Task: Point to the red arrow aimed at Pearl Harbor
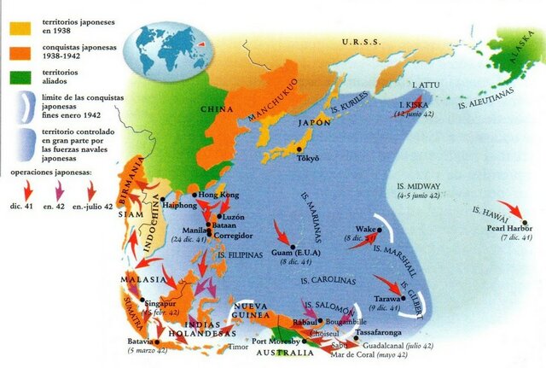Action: coord(509,208)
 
